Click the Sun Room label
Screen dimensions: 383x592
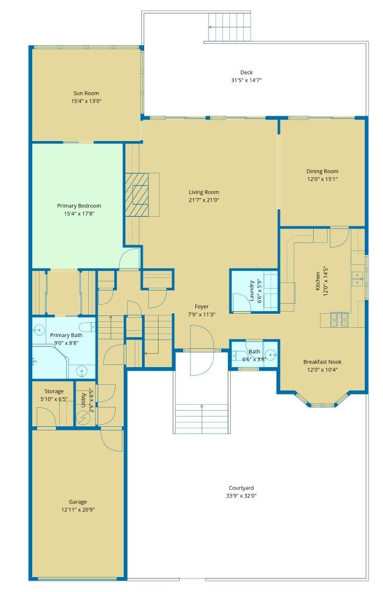point(86,93)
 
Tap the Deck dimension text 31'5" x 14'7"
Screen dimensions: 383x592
point(246,80)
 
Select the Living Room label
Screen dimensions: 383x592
point(204,192)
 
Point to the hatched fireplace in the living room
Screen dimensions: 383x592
point(137,195)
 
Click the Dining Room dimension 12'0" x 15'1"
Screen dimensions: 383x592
point(322,179)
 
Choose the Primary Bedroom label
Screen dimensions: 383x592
point(79,206)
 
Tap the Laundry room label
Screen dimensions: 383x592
point(251,290)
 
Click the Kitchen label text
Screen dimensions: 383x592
point(318,281)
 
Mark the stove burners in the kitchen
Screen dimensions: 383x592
point(339,320)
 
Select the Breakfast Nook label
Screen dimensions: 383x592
point(322,362)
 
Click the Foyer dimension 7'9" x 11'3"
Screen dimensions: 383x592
point(202,314)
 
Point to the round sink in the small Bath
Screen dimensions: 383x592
point(271,355)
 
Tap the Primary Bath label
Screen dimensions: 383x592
point(66,335)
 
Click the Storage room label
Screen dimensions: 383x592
point(54,391)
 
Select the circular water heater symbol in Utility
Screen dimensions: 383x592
point(83,418)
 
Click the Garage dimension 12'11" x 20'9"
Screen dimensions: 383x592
point(78,510)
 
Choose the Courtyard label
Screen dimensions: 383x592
point(241,488)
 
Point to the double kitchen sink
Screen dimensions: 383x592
point(357,279)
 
